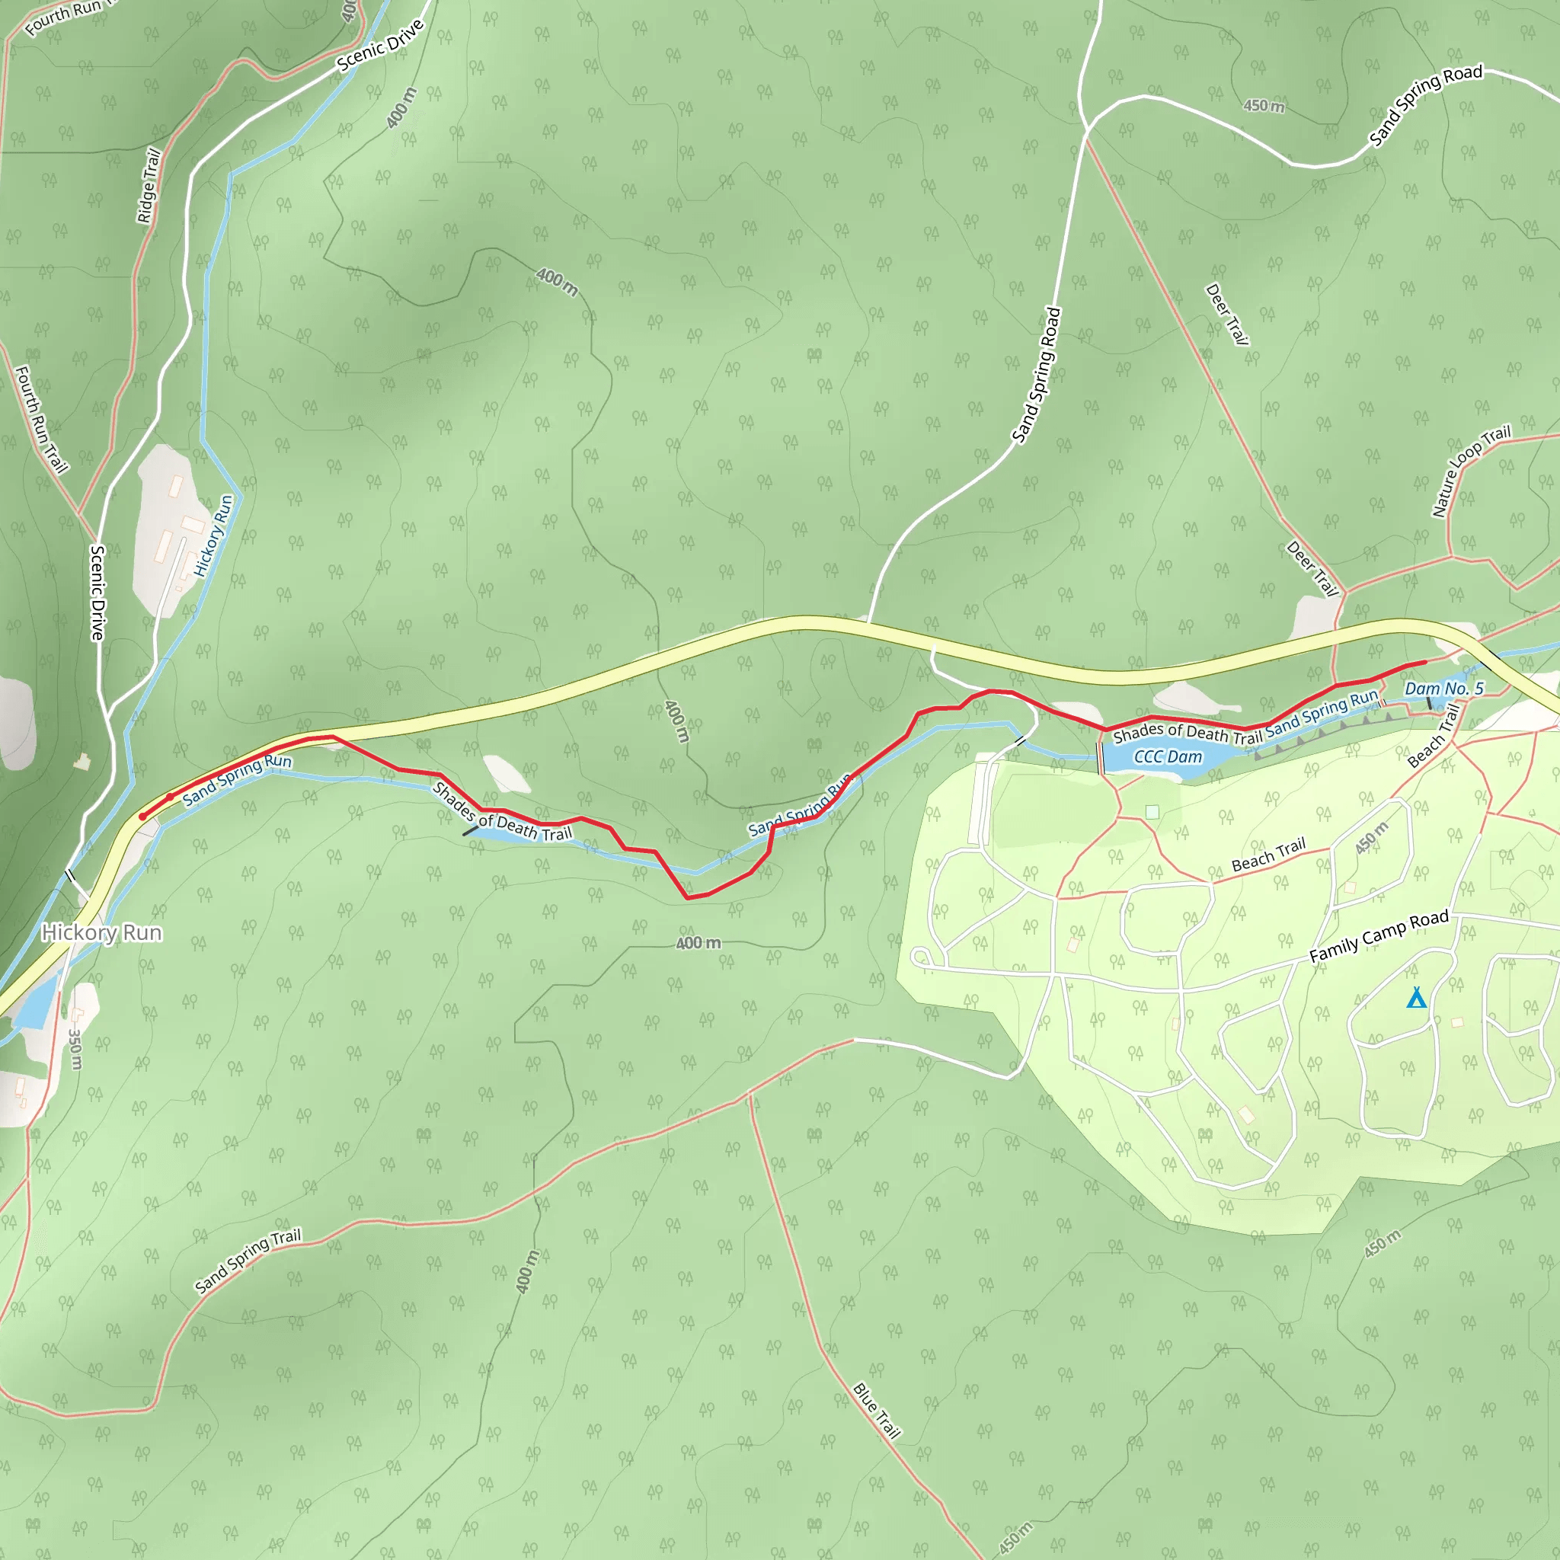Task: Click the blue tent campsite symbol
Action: coord(1416,998)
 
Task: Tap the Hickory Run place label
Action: coord(102,932)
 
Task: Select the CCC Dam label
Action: coord(1168,756)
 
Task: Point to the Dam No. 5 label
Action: coord(1443,689)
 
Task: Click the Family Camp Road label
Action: coord(1378,937)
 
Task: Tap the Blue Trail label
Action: coord(876,1411)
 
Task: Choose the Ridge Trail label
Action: coord(149,186)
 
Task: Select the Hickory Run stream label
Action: coord(214,535)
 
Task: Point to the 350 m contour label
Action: coord(75,1048)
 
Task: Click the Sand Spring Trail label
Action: coord(248,1261)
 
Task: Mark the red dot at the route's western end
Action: coord(143,817)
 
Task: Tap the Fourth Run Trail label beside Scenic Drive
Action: coord(41,419)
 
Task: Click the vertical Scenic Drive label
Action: coord(97,593)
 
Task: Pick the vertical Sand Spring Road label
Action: coord(1037,376)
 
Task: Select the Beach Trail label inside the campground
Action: coord(1267,855)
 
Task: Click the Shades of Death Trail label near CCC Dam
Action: coord(1187,734)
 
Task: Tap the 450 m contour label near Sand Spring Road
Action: coord(1264,106)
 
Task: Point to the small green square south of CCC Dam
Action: coord(1152,811)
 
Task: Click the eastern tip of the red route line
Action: coord(1425,662)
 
